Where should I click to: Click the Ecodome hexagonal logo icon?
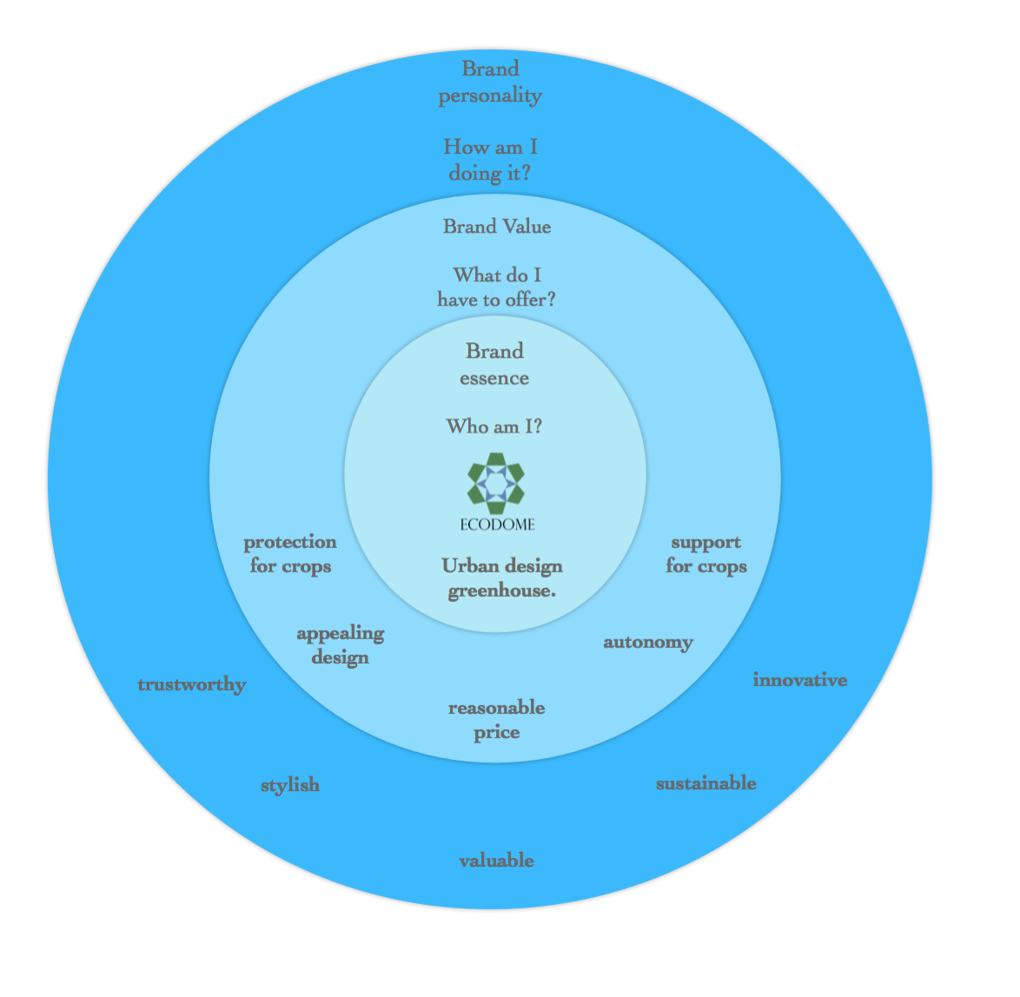(x=495, y=483)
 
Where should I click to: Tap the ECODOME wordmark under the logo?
(x=497, y=525)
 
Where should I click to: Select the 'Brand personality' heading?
(x=490, y=83)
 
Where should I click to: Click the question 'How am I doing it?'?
(x=490, y=160)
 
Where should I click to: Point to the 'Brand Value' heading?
(x=497, y=227)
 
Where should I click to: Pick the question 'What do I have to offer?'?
(x=497, y=287)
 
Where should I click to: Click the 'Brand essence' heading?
(x=494, y=364)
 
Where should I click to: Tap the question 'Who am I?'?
(x=494, y=426)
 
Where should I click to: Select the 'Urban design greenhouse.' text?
(x=501, y=578)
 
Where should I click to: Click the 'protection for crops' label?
(x=290, y=554)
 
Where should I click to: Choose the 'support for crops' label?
(x=706, y=554)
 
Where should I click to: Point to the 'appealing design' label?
(x=341, y=645)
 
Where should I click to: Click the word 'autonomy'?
(x=648, y=643)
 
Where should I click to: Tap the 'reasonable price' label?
(x=497, y=720)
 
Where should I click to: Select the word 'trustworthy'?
(x=192, y=685)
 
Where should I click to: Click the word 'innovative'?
(x=800, y=680)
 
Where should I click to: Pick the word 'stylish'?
(x=290, y=785)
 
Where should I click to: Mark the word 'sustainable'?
(x=705, y=783)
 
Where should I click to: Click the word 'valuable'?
(x=496, y=861)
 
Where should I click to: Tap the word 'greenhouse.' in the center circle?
(x=502, y=591)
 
